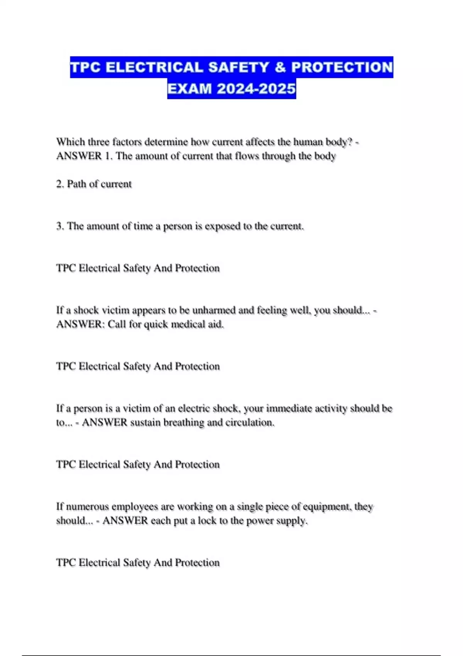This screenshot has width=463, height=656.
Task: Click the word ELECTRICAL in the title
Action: tap(154, 67)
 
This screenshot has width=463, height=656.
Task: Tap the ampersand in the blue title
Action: tap(280, 67)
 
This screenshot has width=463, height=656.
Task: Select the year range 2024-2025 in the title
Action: tap(256, 89)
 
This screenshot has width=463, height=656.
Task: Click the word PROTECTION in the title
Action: tap(342, 67)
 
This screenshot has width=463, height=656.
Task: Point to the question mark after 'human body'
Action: tap(350, 142)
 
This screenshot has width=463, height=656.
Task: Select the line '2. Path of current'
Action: tap(94, 184)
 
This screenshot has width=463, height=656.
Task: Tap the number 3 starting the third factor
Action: tap(59, 226)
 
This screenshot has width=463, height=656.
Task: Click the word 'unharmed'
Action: tap(214, 310)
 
